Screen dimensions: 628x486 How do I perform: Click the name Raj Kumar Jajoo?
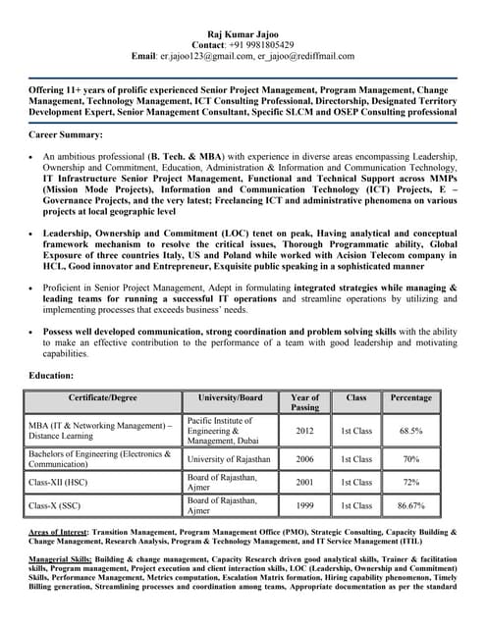tap(242, 32)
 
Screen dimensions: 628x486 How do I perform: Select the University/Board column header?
tap(230, 398)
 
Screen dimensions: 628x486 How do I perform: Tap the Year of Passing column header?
tap(305, 402)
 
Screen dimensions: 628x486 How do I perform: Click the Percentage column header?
tap(410, 398)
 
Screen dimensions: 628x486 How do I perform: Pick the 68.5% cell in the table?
tap(410, 431)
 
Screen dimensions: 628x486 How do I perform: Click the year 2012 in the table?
tap(305, 431)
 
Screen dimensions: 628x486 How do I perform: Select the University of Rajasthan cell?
tap(232, 459)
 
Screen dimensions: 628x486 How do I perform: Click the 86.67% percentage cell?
tap(410, 506)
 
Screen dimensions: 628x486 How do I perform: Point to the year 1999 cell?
tap(305, 506)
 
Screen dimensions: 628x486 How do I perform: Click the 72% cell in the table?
tap(410, 483)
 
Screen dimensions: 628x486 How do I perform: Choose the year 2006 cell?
tap(305, 459)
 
